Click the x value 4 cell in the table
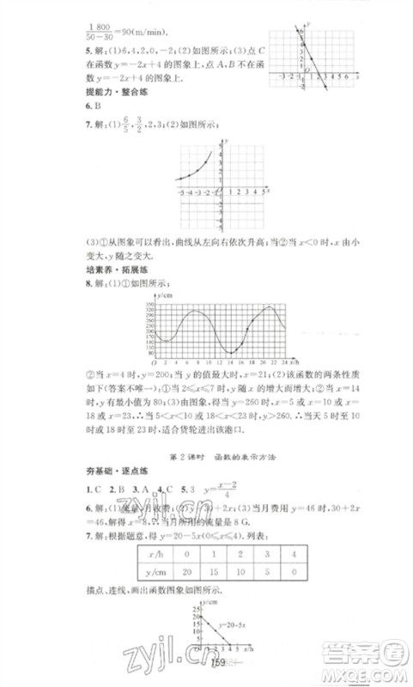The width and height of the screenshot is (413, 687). tap(311, 552)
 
